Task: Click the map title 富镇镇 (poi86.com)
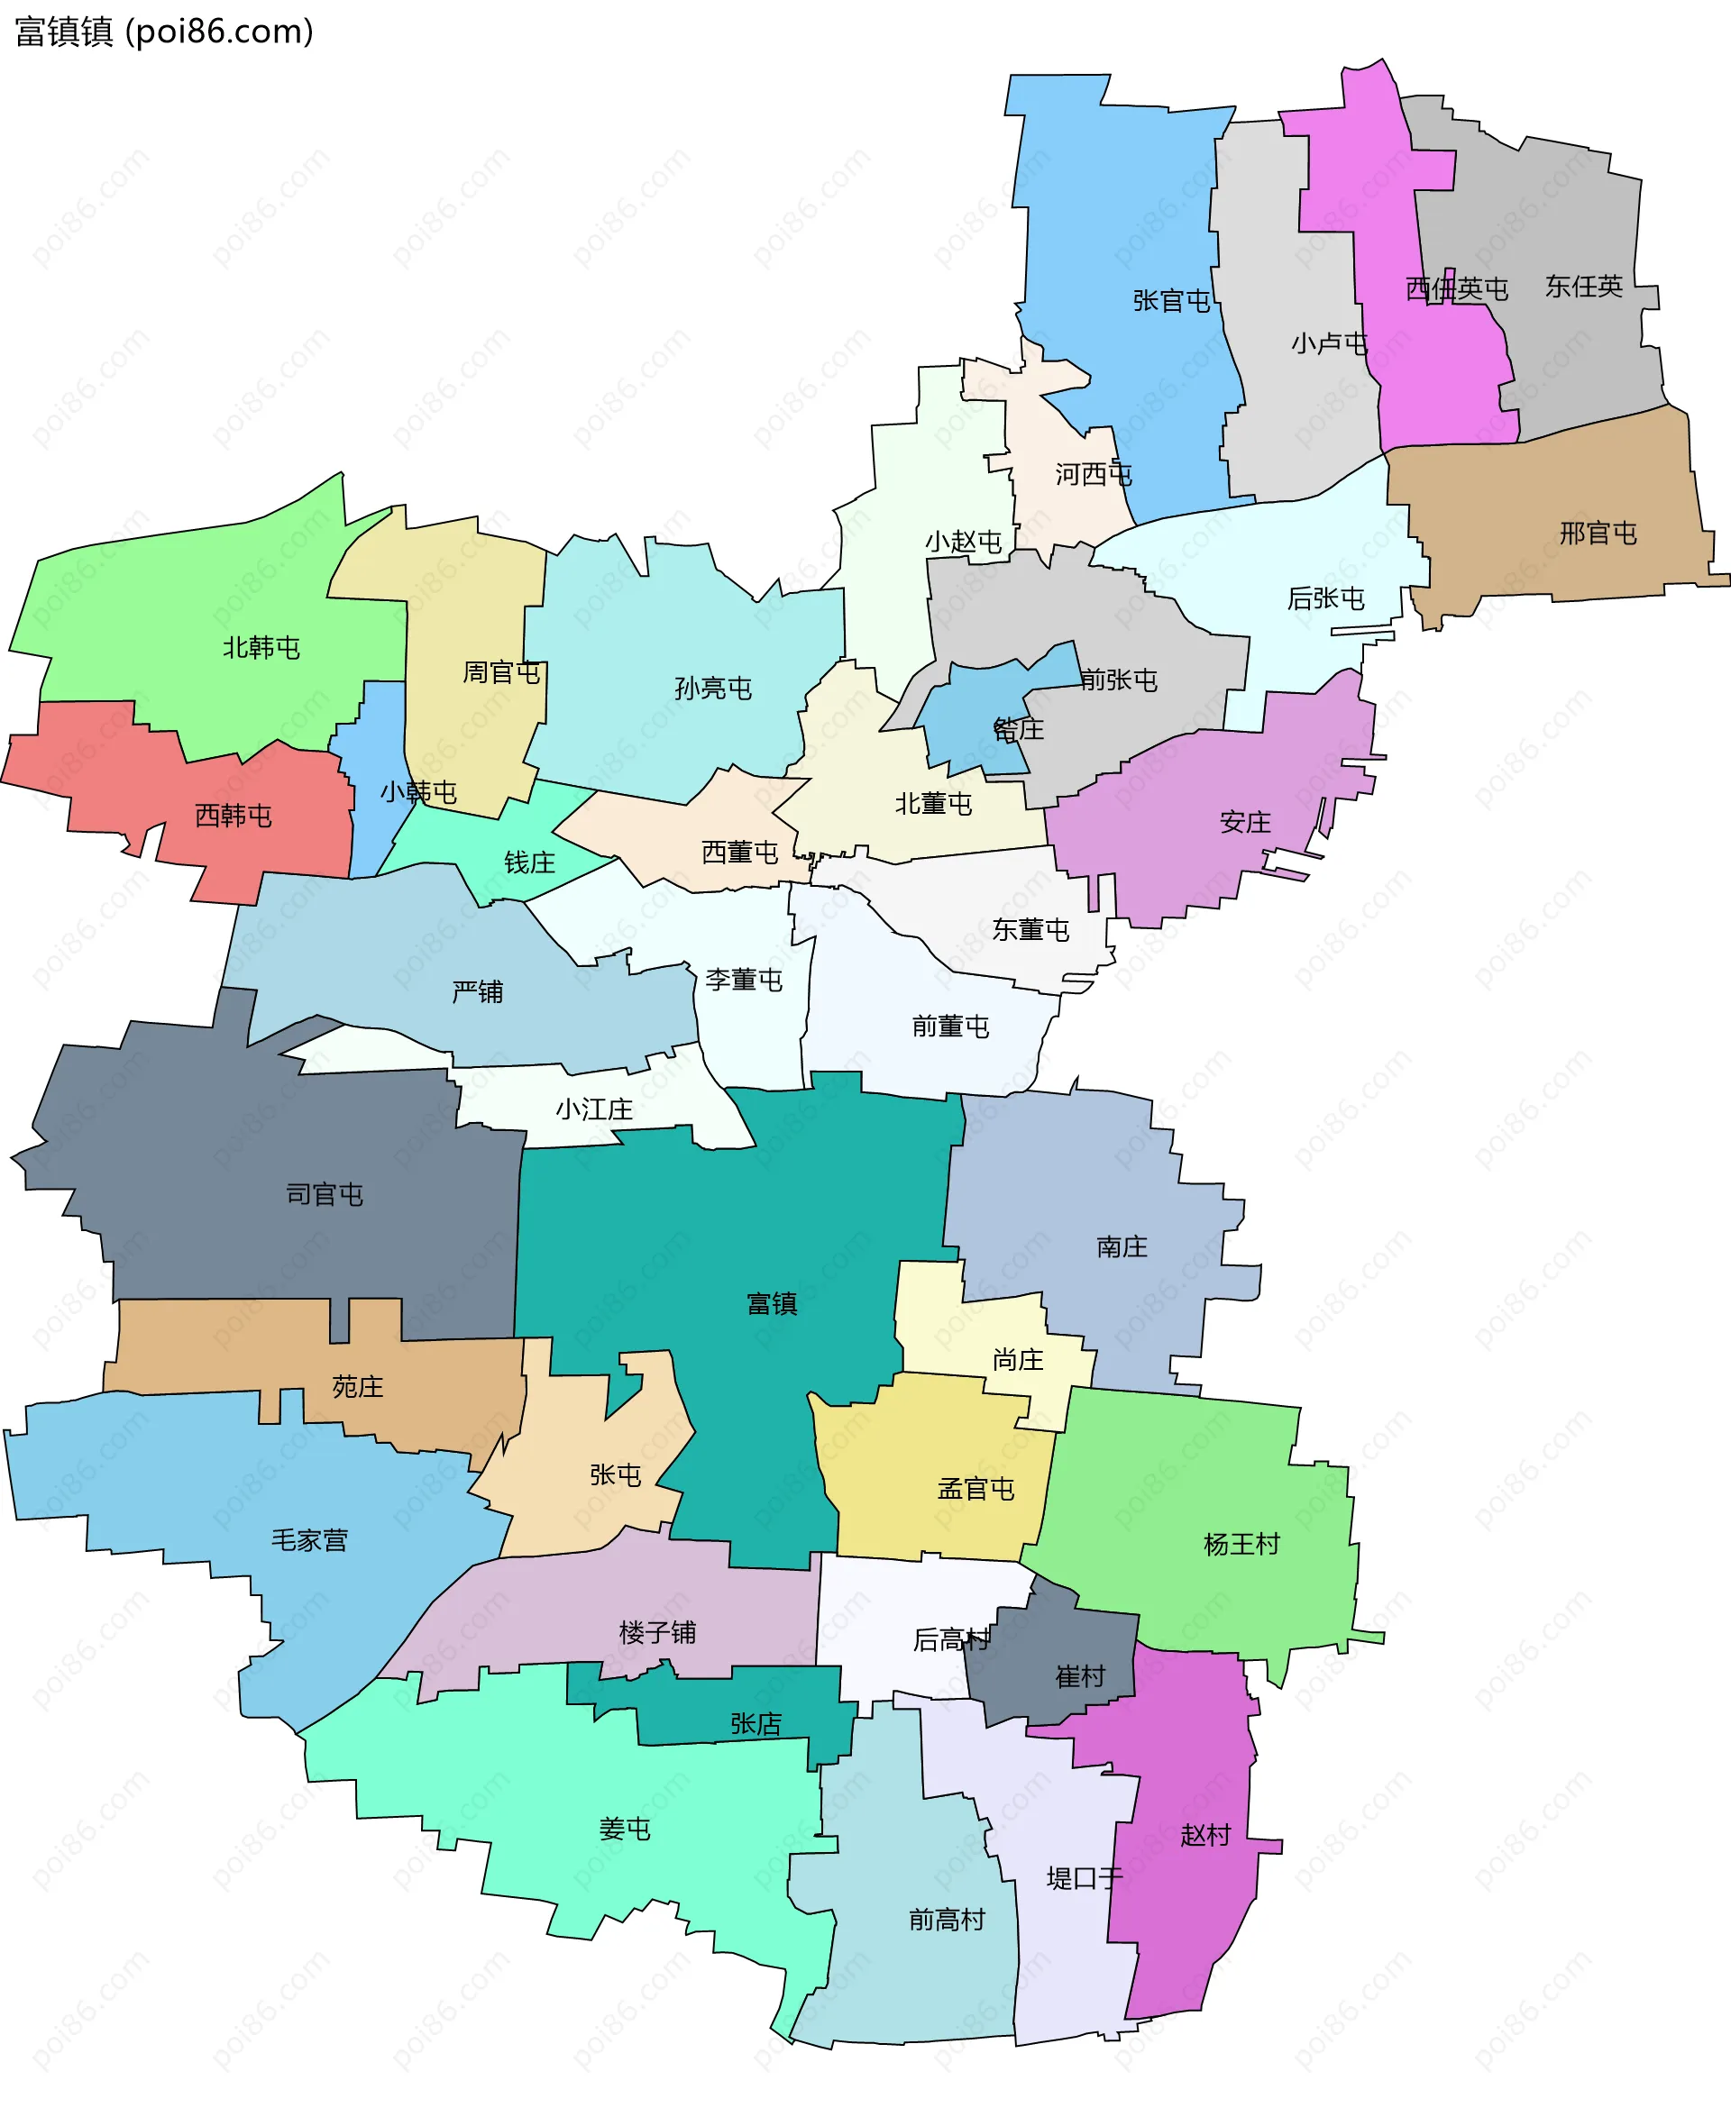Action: click(x=164, y=32)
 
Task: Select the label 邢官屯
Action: click(x=1598, y=534)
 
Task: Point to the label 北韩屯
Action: click(x=261, y=648)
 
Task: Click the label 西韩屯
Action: click(x=234, y=816)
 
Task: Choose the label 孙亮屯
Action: click(x=713, y=688)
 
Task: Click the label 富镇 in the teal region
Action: click(x=772, y=1304)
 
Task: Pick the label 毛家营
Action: click(x=309, y=1541)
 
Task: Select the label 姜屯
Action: click(x=624, y=1829)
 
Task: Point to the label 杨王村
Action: click(x=1241, y=1545)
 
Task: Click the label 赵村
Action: click(x=1204, y=1835)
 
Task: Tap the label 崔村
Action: click(x=1080, y=1676)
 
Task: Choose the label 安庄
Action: click(x=1245, y=822)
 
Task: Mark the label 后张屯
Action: click(x=1325, y=598)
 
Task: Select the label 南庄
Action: click(x=1122, y=1246)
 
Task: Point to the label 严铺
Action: click(x=478, y=991)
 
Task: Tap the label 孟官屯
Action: click(x=975, y=1489)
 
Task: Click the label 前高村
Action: click(x=947, y=1919)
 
